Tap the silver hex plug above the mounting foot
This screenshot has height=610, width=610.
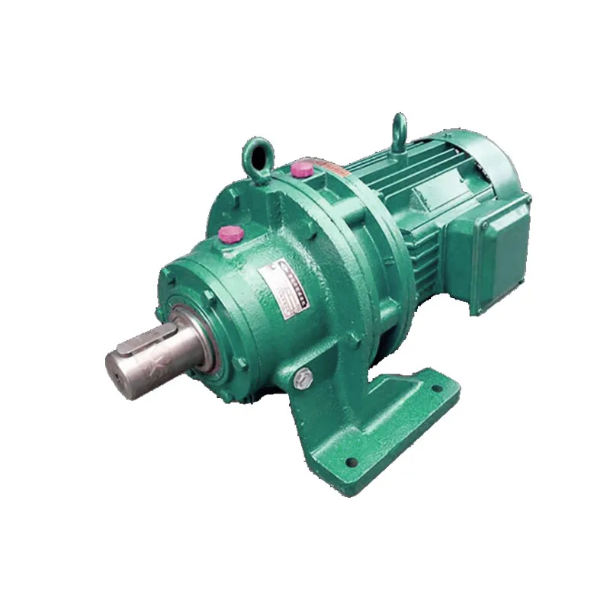tap(302, 377)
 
